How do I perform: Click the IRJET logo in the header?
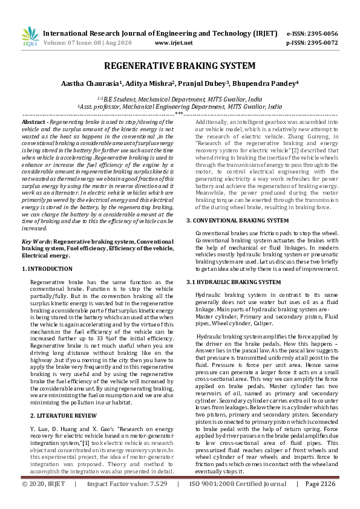[30, 37]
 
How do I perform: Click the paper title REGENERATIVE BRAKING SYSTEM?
[180, 66]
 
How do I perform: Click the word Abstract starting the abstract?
[34, 122]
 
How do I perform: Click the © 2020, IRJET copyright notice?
[43, 501]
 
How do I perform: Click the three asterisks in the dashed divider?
[179, 113]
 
